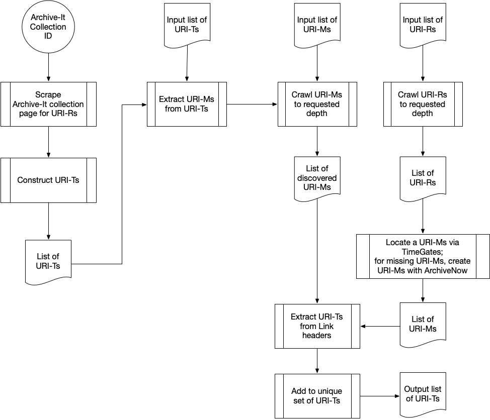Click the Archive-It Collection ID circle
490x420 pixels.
tap(48, 27)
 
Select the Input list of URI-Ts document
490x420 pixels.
tap(187, 24)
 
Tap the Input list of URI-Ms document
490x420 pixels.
tap(317, 24)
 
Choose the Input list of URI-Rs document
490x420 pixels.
tap(423, 24)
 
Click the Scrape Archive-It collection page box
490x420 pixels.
tap(48, 103)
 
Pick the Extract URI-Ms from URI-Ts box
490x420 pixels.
tap(187, 104)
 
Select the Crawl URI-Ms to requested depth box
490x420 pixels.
tap(317, 104)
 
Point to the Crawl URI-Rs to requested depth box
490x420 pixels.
tap(423, 104)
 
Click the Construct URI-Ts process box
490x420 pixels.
tap(48, 180)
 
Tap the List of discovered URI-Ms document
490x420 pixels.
tap(317, 178)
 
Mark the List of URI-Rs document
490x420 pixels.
tap(423, 178)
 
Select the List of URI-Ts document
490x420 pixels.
tap(48, 261)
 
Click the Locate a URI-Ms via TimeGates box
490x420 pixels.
tap(423, 256)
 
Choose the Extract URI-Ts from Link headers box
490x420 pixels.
tap(317, 326)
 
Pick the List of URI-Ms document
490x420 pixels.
tap(423, 324)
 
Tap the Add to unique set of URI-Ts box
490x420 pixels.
tap(317, 396)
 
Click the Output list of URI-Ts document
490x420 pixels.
tap(423, 393)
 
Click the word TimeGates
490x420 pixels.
tap(423, 251)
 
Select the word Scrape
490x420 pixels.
tap(48, 95)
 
